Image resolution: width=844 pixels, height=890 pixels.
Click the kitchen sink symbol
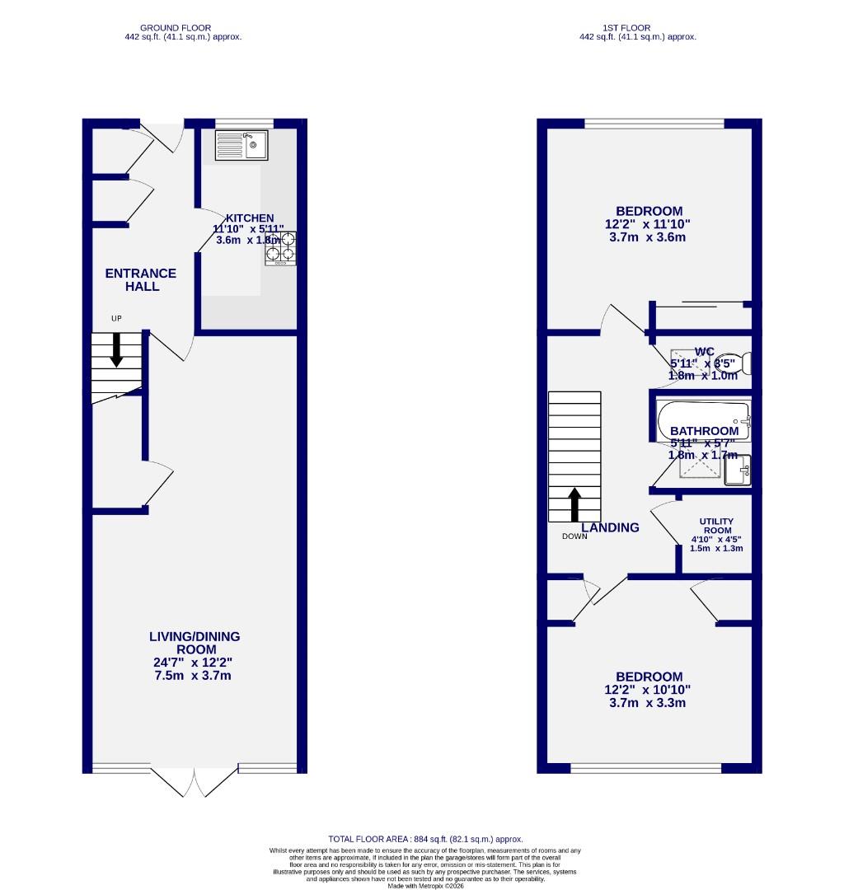pos(241,145)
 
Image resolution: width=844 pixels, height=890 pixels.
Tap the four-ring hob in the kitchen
pos(280,247)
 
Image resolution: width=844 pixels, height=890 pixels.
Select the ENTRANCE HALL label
pos(141,279)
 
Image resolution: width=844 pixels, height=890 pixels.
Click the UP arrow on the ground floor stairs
pos(116,349)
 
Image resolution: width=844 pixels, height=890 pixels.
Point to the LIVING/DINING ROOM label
pos(195,643)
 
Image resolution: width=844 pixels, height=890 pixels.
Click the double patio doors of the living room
pos(195,780)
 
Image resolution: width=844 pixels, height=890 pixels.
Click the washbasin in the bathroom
pos(738,471)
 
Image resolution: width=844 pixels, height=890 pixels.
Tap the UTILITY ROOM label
pos(716,527)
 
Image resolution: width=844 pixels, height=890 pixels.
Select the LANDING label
pos(611,527)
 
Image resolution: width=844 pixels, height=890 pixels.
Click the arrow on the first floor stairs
pos(574,504)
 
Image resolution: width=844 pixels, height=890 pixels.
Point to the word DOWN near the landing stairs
pos(575,536)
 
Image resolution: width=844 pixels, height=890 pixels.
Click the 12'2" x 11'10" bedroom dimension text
pos(647,224)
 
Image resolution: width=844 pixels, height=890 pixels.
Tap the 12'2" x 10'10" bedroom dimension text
pos(647,690)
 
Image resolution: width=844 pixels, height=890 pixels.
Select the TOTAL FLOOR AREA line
pos(425,839)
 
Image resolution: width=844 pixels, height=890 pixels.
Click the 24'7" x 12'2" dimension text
pos(195,663)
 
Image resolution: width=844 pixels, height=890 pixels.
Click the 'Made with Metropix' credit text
pos(425,886)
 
